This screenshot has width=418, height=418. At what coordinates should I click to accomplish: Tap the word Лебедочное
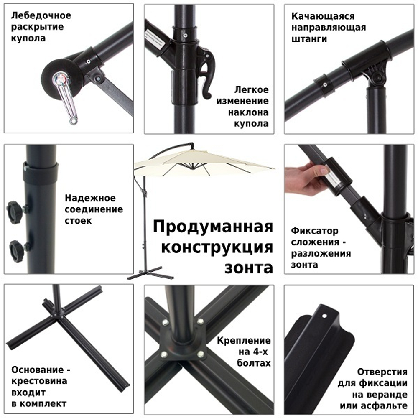tap(41, 16)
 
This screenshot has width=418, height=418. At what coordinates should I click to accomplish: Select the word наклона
tap(248, 113)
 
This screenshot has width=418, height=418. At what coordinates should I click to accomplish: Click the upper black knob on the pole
tap(14, 208)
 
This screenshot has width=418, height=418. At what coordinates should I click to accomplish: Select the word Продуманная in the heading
tap(213, 227)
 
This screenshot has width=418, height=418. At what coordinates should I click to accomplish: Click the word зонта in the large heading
tap(249, 268)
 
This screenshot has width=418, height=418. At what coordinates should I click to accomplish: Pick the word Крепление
tap(244, 341)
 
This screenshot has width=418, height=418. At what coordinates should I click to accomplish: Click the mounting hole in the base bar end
tap(324, 316)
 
